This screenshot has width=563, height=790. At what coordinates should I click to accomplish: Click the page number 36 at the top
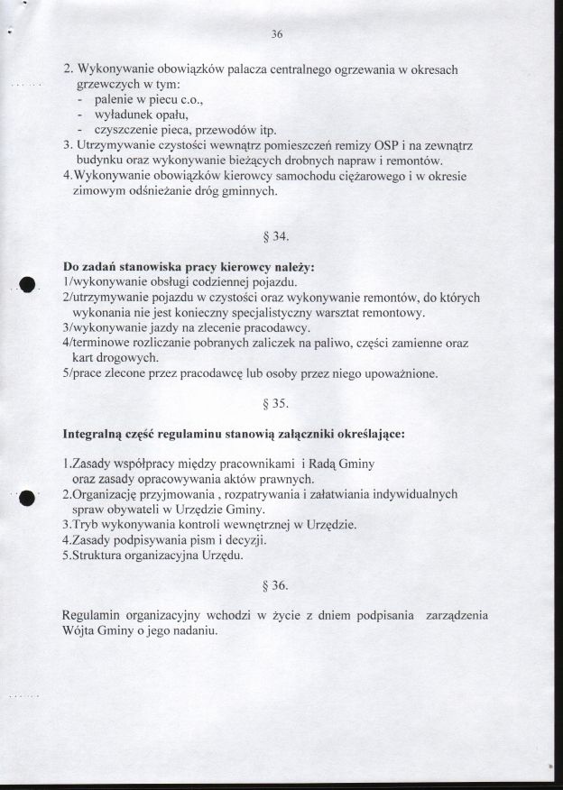tap(276, 34)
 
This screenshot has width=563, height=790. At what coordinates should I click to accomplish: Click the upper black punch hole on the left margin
tap(27, 283)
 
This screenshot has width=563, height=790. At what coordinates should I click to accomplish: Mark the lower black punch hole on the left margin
tap(27, 497)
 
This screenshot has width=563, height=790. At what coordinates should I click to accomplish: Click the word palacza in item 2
tap(242, 69)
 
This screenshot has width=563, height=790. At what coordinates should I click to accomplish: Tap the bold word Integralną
tap(97, 434)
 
